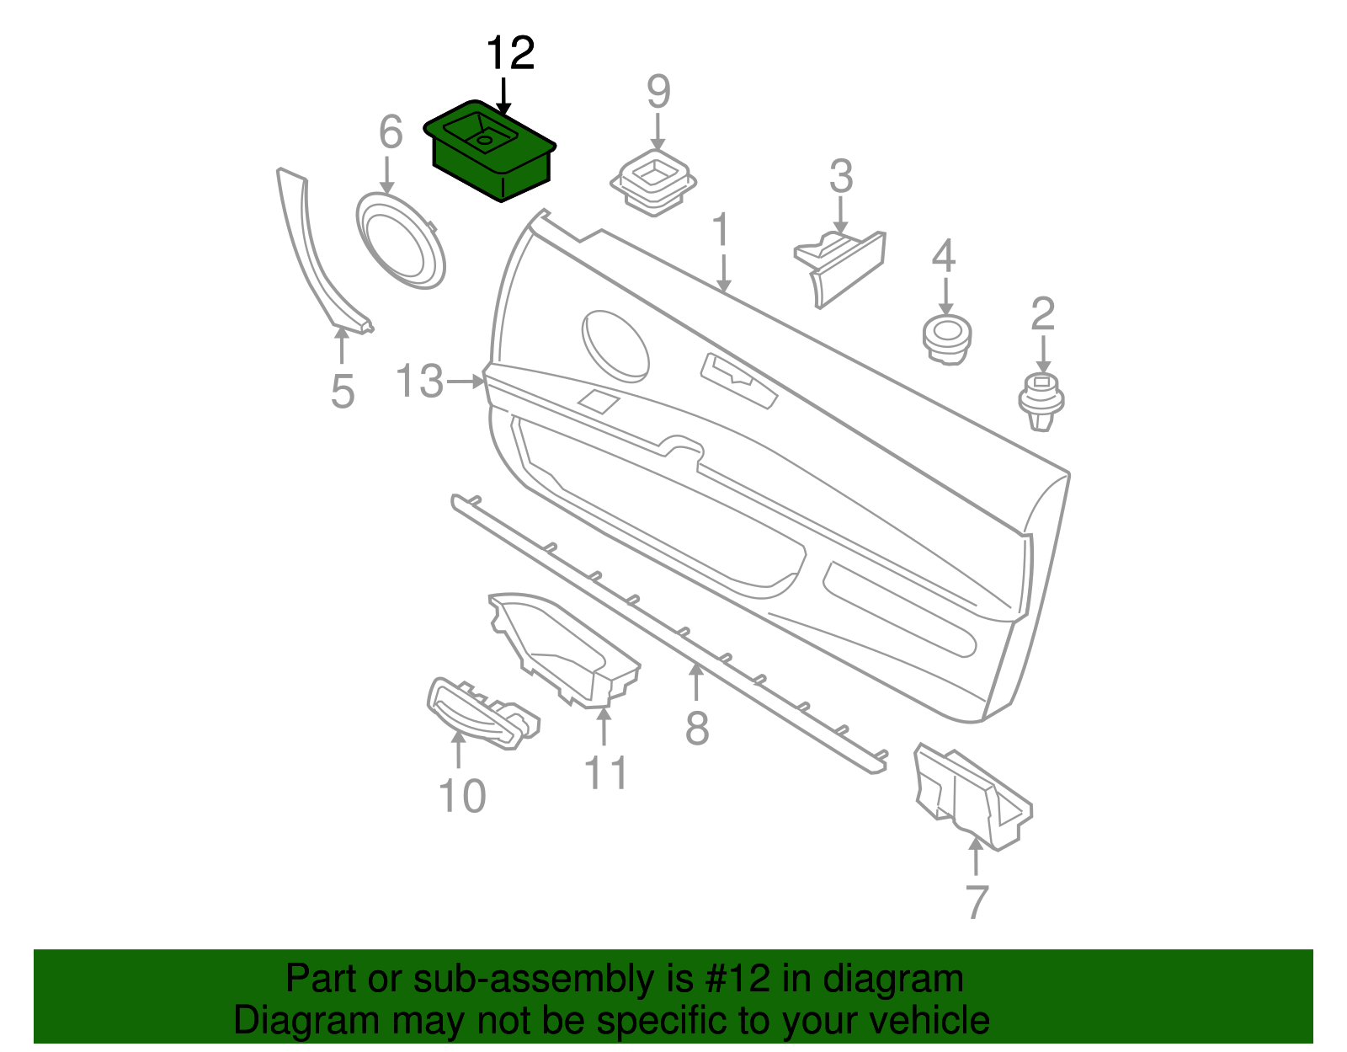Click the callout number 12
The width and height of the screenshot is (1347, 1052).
[x=510, y=54]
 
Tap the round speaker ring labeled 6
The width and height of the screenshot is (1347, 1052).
[x=401, y=241]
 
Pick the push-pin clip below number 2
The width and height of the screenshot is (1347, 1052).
[x=1041, y=402]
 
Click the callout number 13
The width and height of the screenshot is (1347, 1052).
[x=420, y=382]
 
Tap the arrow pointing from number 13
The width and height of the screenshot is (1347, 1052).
[x=466, y=382]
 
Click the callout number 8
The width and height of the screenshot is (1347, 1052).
[x=697, y=729]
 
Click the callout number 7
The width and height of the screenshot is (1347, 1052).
[x=976, y=902]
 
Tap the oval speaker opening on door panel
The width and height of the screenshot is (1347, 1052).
[x=615, y=345]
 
